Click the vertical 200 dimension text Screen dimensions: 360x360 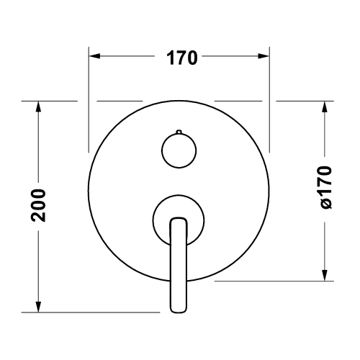click(x=40, y=206)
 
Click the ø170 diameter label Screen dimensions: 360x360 click(x=326, y=189)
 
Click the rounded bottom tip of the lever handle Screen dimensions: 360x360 click(x=178, y=308)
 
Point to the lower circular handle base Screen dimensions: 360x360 click(x=178, y=217)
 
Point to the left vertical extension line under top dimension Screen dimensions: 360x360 click(x=89, y=101)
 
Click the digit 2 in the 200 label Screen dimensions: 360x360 click(x=40, y=216)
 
